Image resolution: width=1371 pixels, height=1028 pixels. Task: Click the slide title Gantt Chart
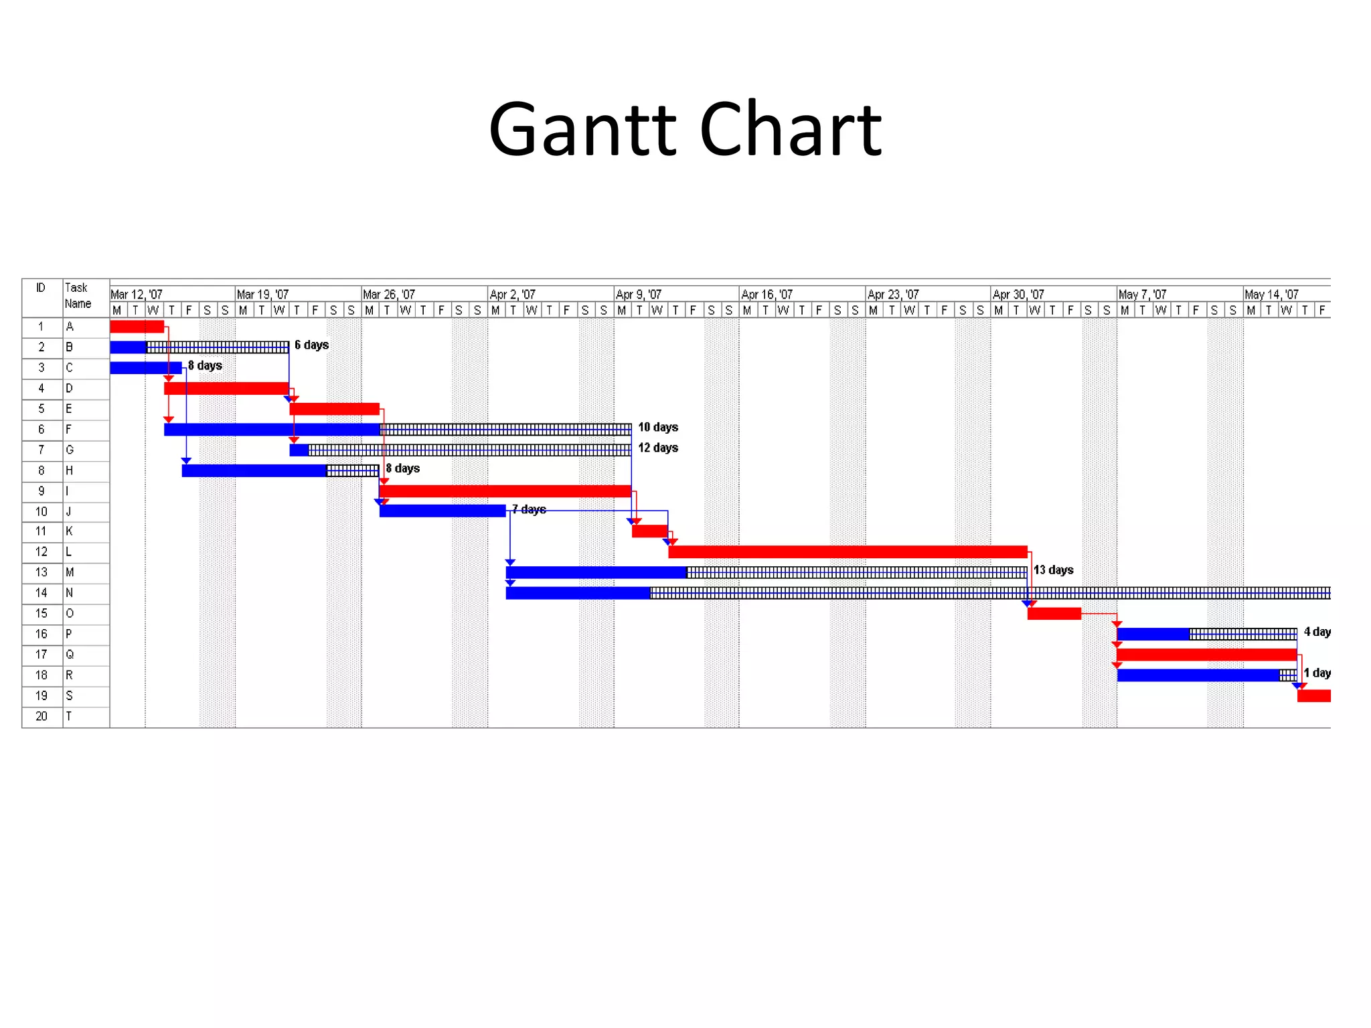685,129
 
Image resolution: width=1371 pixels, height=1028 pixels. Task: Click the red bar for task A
137,327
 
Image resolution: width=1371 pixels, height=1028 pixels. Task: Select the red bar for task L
847,552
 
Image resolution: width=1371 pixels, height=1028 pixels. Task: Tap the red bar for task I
505,491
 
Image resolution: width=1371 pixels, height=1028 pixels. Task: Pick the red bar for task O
1054,614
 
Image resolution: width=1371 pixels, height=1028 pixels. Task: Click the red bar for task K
649,531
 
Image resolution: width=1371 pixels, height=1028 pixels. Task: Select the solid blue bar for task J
442,511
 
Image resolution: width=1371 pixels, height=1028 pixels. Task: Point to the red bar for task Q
1206,655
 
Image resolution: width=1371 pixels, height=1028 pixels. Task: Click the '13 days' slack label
1053,570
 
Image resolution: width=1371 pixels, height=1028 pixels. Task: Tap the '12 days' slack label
657,448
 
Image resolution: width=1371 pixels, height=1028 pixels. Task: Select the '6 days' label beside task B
311,345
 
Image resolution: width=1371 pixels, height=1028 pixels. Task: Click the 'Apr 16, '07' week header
767,294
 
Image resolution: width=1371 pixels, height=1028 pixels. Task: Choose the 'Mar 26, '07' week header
388,294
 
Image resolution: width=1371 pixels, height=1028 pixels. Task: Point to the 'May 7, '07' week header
1142,294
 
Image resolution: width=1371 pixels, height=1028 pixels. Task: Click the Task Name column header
78,296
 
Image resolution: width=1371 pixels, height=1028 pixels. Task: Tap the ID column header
41,288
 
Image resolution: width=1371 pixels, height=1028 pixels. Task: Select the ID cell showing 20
42,717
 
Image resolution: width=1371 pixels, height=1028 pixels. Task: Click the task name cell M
70,573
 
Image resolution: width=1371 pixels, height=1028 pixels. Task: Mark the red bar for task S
1313,696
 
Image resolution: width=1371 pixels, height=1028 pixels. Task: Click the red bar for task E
334,409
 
